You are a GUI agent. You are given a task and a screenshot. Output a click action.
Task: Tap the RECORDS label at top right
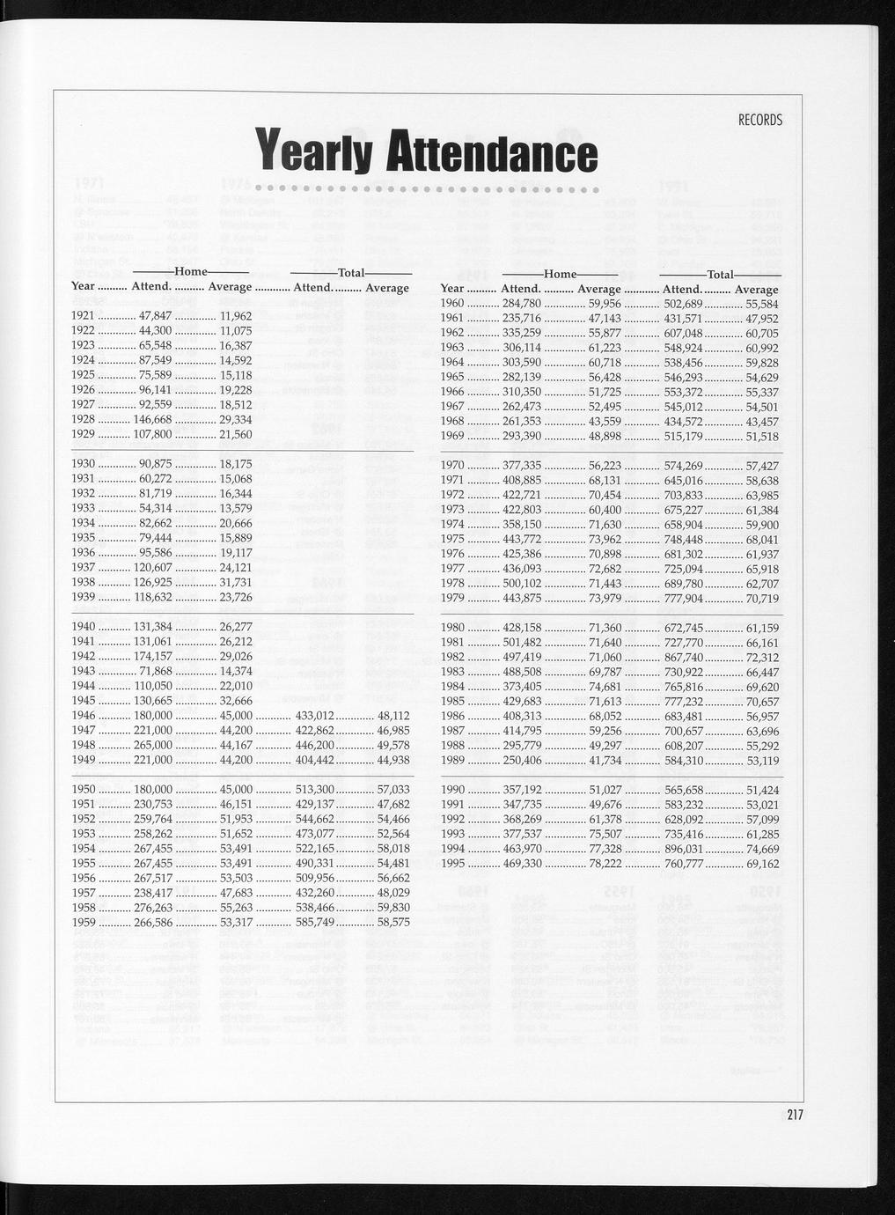760,120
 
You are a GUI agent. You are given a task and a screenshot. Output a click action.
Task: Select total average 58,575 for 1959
392,922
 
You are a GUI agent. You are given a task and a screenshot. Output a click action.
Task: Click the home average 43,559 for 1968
605,421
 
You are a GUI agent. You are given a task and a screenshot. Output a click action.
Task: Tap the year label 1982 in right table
452,658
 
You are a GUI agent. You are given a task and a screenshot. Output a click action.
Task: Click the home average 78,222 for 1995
605,864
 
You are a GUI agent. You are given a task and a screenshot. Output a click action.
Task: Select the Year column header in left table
83,287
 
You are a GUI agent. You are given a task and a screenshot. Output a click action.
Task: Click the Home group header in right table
560,275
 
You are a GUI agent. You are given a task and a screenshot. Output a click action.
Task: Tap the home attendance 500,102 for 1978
521,584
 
